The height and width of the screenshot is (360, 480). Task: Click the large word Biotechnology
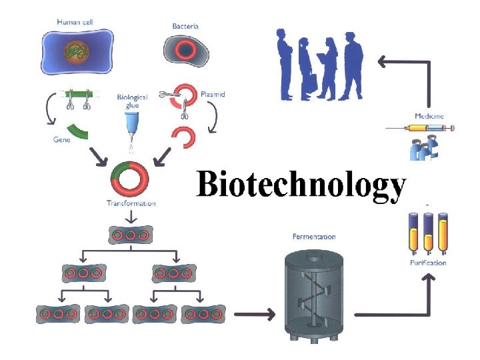(301, 185)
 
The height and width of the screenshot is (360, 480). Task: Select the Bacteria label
(185, 27)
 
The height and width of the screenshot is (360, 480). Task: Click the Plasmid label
(213, 95)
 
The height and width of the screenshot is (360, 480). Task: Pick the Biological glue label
(132, 101)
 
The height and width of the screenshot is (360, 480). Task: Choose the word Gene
(62, 140)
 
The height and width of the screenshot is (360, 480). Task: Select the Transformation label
(131, 203)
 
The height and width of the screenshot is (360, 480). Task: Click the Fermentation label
(314, 237)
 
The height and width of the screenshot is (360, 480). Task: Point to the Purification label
(427, 263)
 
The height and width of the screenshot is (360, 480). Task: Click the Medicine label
(429, 116)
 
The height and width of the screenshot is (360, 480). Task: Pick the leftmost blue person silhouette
(285, 63)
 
